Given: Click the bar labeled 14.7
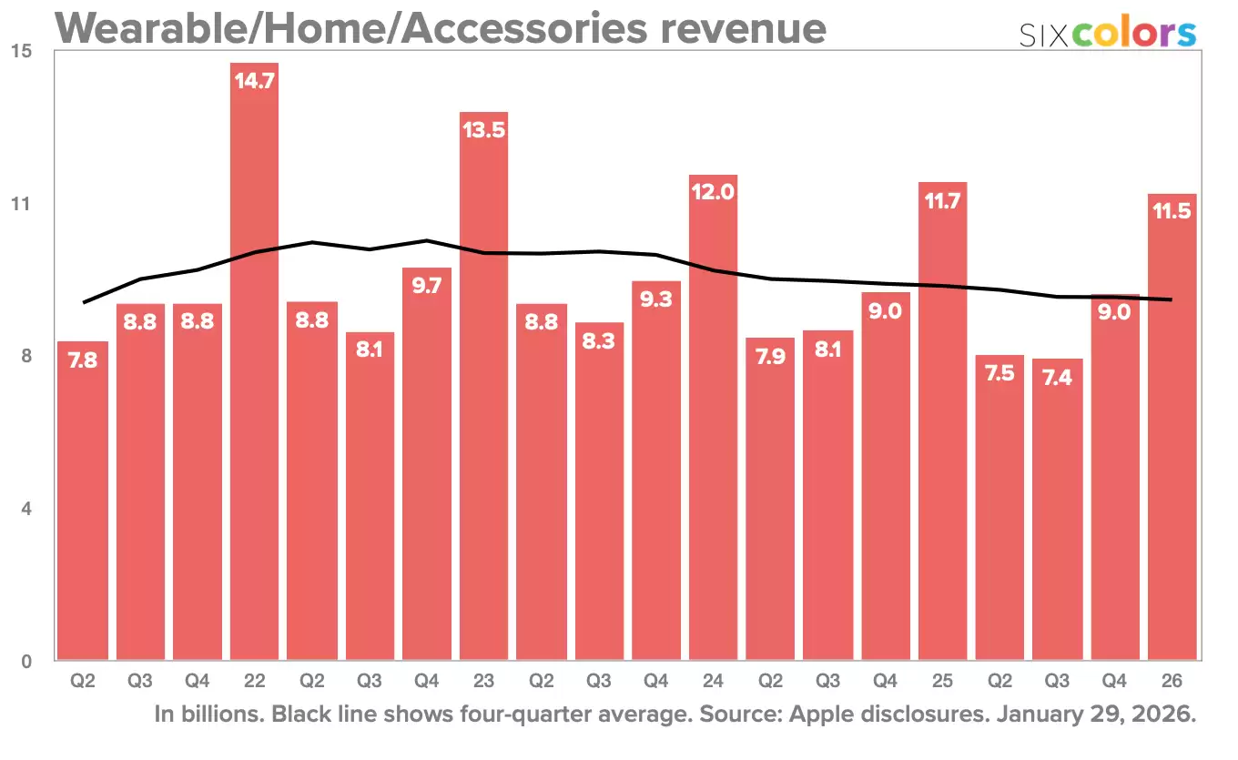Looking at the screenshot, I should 254,364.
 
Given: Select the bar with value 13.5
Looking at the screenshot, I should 483,391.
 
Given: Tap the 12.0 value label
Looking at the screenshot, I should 713,192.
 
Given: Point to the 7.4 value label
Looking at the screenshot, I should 1057,377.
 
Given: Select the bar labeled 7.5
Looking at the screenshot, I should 1000,510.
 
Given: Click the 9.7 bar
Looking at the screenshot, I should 426,464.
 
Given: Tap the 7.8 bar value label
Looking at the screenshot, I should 83,360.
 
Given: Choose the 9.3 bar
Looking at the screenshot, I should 655,473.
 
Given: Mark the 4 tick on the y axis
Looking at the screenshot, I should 26,509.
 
